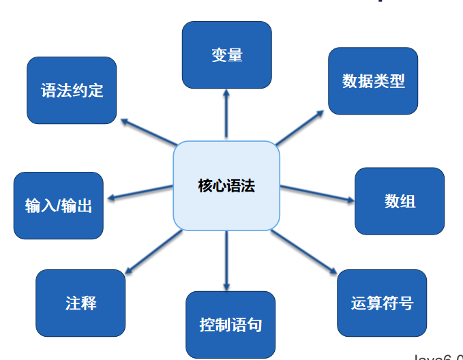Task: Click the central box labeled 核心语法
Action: (226, 185)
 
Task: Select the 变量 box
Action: (227, 55)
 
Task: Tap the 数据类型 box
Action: (373, 81)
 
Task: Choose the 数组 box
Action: (400, 201)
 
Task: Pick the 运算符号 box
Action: (382, 303)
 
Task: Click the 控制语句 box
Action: (230, 325)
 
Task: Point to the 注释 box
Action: (80, 303)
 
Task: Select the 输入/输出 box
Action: (59, 205)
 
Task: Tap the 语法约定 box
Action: (72, 90)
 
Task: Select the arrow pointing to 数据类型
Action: (300, 127)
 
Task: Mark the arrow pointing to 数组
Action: (317, 194)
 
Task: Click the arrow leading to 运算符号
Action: (304, 252)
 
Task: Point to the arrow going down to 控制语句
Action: (226, 259)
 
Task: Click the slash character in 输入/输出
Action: (58, 206)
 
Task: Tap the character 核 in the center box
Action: (205, 185)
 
